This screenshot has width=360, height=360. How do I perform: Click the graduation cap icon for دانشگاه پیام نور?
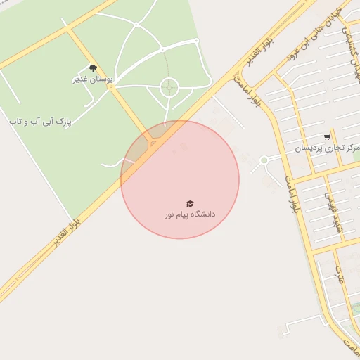click(189, 203)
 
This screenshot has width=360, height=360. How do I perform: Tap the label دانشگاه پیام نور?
click(191, 214)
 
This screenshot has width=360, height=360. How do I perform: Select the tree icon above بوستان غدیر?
click(93, 69)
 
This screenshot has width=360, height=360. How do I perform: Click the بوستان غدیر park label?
click(93, 79)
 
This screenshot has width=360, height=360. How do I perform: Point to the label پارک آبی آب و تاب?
click(40, 122)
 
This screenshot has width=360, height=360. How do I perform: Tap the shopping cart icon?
click(327, 137)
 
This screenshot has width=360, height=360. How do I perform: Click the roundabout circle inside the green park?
click(169, 88)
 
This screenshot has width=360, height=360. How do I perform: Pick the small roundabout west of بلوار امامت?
click(264, 160)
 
